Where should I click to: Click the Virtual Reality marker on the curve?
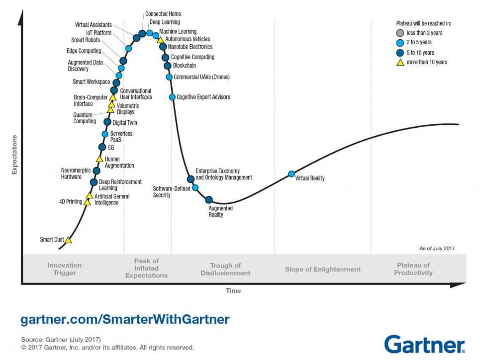click(x=291, y=174)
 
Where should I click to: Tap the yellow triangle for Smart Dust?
click(x=68, y=240)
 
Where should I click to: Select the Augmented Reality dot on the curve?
click(x=209, y=200)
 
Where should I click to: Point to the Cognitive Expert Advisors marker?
click(x=172, y=97)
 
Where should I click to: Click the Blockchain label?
click(x=184, y=66)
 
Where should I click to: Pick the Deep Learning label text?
click(x=165, y=22)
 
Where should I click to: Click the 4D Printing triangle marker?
click(x=87, y=202)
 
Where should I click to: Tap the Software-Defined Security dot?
click(x=195, y=187)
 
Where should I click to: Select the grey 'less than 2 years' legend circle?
click(x=399, y=33)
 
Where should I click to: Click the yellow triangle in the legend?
click(x=399, y=62)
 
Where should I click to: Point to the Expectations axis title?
click(x=14, y=154)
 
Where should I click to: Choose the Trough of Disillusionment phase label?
click(x=225, y=269)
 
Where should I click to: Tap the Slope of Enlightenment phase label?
click(x=322, y=269)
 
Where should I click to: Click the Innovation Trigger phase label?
click(x=64, y=269)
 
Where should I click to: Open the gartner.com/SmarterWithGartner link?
click(x=125, y=319)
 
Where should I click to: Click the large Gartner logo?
click(x=424, y=344)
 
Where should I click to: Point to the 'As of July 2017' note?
click(x=437, y=248)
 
